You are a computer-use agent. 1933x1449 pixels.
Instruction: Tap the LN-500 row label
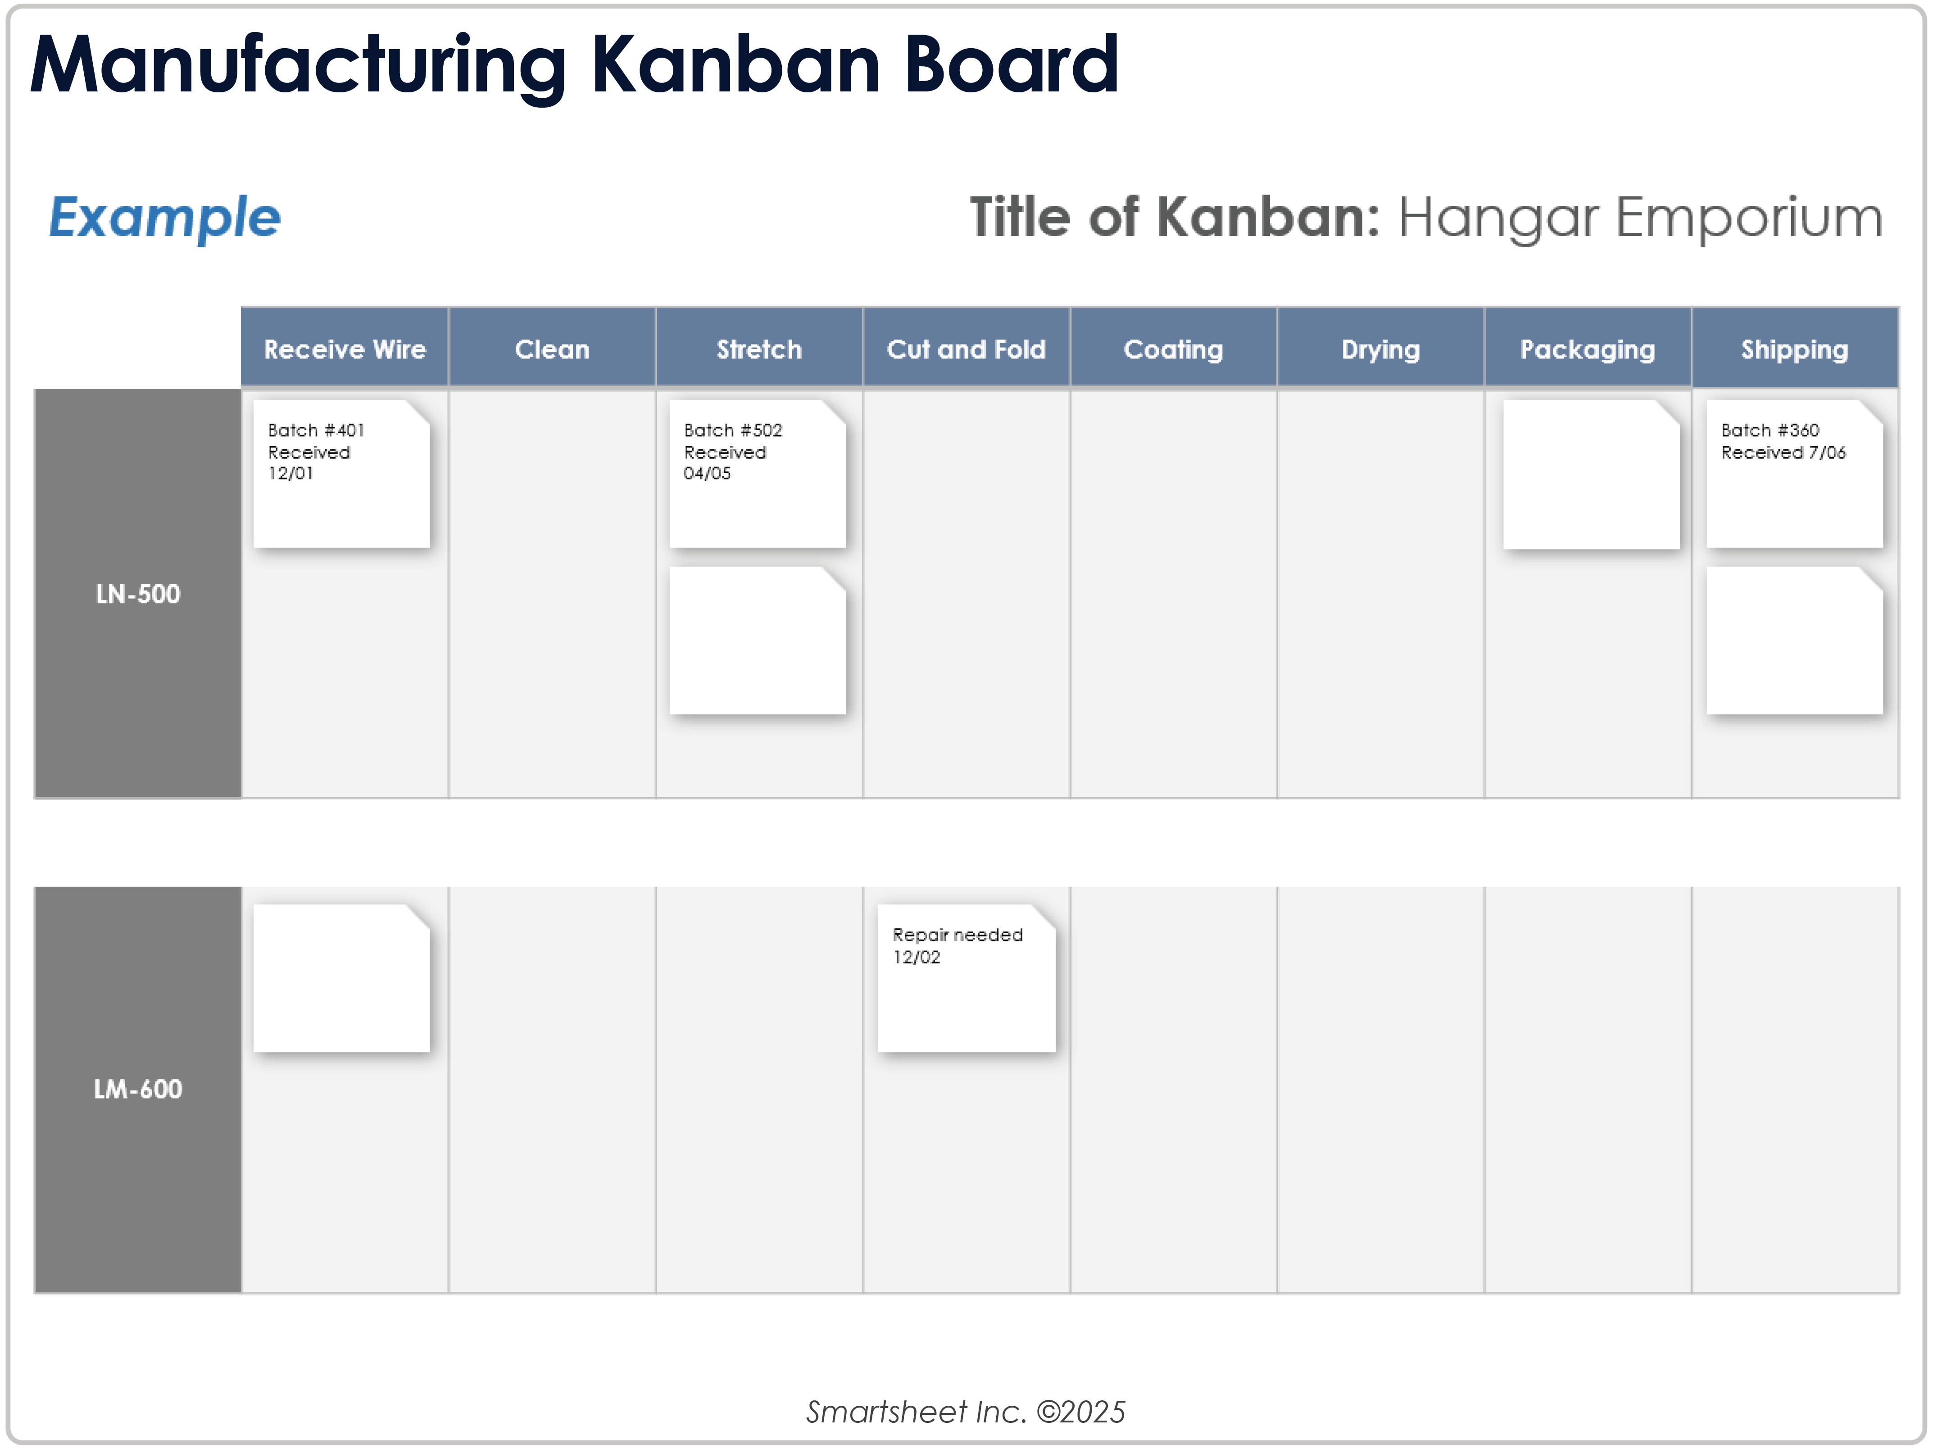coord(138,593)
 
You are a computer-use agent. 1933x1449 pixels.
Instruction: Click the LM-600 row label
coord(138,1089)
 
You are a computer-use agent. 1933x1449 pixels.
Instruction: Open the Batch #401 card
coord(342,474)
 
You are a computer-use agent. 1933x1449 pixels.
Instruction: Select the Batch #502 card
coord(758,474)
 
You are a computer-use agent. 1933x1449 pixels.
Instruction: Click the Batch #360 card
coord(1795,474)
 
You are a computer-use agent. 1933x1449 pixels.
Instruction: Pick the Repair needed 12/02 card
coord(966,978)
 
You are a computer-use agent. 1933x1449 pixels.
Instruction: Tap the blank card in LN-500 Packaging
coord(1591,475)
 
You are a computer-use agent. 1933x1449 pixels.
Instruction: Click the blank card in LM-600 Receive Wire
coord(342,978)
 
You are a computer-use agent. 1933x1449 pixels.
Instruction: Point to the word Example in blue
coord(164,218)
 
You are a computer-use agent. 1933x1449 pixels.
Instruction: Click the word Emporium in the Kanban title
coord(1749,218)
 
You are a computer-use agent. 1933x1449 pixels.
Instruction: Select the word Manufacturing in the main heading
coord(299,66)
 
